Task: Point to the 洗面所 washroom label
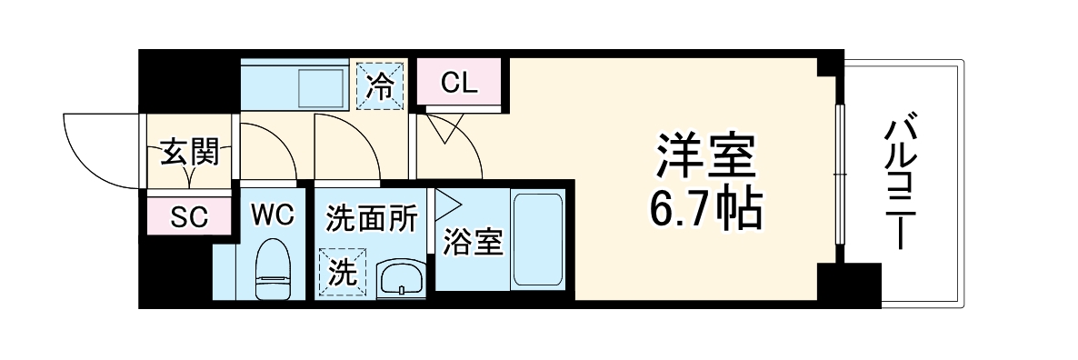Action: [372, 218]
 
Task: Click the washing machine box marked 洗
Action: [344, 274]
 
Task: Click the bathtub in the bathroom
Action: [539, 238]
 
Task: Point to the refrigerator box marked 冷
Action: [380, 85]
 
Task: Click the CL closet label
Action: [459, 83]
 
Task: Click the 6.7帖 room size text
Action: [704, 210]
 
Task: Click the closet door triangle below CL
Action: [444, 126]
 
